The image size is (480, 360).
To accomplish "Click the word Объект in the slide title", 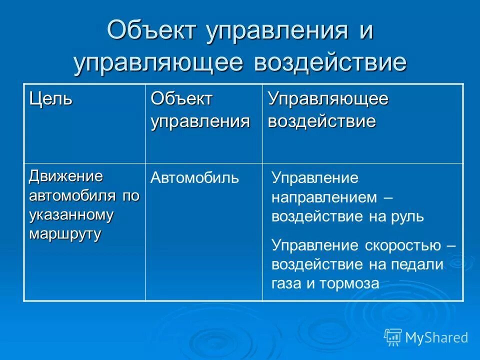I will [x=152, y=32].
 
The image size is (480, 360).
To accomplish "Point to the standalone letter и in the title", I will [x=364, y=32].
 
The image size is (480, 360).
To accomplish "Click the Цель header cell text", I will [x=50, y=99].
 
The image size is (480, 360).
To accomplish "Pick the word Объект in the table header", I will [x=182, y=99].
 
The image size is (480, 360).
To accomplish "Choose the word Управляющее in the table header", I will [x=328, y=99].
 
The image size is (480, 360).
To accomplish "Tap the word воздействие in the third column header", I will [x=322, y=121].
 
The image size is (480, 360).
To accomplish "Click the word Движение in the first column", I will [x=66, y=176].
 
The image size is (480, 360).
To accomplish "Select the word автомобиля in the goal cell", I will [x=73, y=195].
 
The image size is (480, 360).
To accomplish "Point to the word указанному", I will [x=71, y=214].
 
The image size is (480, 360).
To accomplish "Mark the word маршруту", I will [x=65, y=234].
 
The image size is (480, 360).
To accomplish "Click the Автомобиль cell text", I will [x=195, y=177].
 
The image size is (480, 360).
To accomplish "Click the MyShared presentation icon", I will [x=393, y=337].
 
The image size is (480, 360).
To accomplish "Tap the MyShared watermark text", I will [x=436, y=337].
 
